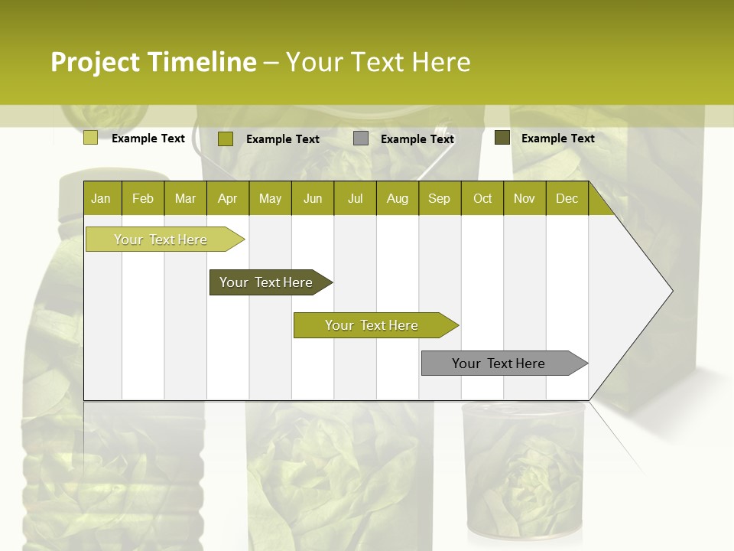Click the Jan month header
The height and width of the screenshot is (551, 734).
coord(101,198)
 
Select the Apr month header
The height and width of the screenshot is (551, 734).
coord(227,198)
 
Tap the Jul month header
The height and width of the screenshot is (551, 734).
coord(355,198)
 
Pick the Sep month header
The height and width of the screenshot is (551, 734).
coord(439,198)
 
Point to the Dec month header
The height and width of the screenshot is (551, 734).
coord(567,198)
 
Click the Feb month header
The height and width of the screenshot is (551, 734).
coord(143,198)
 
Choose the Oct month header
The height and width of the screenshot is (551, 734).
coord(482,198)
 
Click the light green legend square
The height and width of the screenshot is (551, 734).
coord(90,138)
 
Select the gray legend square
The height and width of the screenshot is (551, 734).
coord(361,139)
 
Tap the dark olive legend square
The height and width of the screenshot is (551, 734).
coord(502,138)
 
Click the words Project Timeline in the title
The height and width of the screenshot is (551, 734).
coord(153,62)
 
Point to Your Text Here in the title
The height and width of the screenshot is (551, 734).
coord(378,62)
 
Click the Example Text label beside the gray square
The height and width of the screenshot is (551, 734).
coord(417,139)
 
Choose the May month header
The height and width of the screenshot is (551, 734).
coord(270,198)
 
